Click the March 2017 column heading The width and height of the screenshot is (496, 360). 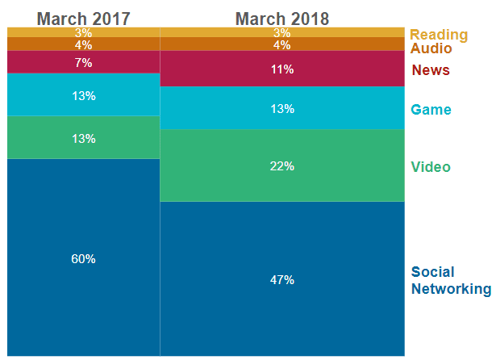click(x=83, y=18)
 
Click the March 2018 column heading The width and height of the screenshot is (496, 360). click(x=282, y=18)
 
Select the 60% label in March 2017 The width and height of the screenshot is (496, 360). click(x=83, y=259)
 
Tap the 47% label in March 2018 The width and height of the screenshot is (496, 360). click(x=282, y=280)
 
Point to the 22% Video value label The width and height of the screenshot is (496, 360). click(x=282, y=166)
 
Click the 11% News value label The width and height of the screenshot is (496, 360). click(x=282, y=69)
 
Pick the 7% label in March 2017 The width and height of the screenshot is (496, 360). click(x=83, y=62)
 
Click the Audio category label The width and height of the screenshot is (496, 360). click(x=431, y=48)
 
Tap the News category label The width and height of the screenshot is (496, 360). click(x=431, y=70)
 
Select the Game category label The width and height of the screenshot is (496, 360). click(x=431, y=110)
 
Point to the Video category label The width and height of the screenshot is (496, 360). click(x=431, y=167)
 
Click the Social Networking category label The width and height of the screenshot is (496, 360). click(x=450, y=280)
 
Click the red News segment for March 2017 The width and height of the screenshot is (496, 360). click(x=48, y=62)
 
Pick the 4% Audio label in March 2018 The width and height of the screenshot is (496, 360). click(x=282, y=44)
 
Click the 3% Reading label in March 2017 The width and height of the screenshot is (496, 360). click(x=83, y=33)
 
